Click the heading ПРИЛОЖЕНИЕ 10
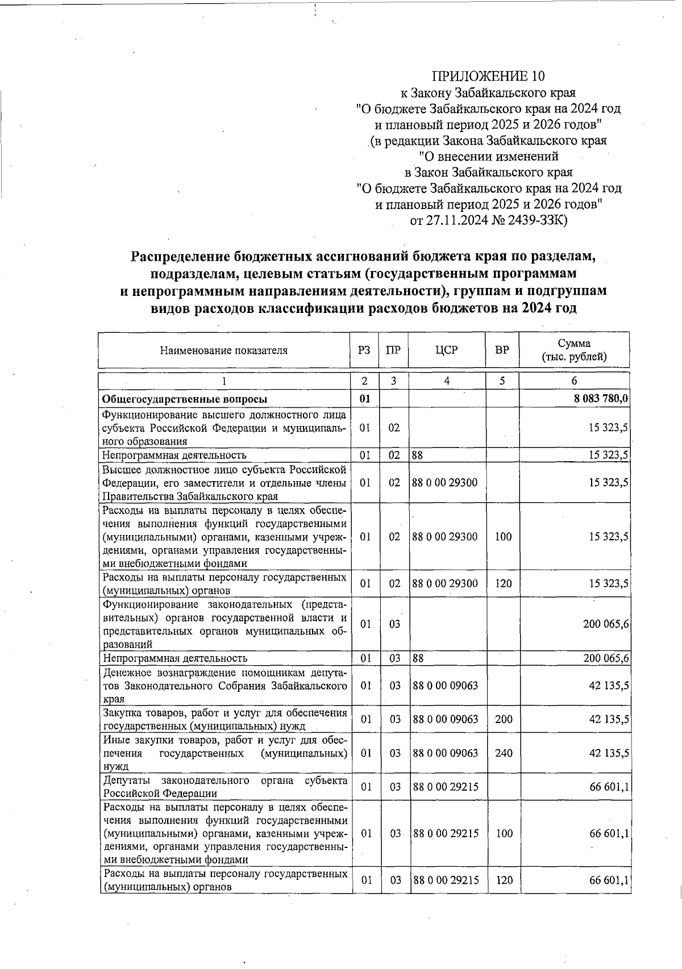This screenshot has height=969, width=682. pos(489,76)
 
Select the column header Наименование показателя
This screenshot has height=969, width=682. pos(223,350)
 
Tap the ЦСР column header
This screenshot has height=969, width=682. pos(447,350)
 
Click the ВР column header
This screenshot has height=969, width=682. pos(502,350)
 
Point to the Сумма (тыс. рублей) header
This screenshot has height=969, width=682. pos(574,350)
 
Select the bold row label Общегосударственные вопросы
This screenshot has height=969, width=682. pos(185,399)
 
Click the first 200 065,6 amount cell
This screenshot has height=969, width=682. pos(605,624)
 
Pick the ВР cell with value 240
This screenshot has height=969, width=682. pos(504,753)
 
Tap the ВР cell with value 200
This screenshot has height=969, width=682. pos(504,720)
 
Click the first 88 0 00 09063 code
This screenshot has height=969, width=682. pos(445,686)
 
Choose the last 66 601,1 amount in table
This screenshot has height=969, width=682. pos(609,880)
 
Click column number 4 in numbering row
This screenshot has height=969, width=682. pos(447,381)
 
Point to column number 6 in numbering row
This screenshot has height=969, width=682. pos(574,381)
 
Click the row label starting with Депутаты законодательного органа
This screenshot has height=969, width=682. pos(224,787)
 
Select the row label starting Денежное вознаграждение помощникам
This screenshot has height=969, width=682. pos(224,686)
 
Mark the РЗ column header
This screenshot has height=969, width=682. pos(364,350)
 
